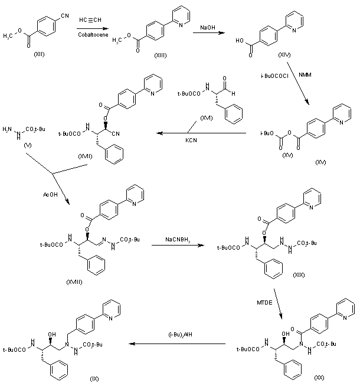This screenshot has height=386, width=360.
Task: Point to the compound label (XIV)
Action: (x=284, y=54)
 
